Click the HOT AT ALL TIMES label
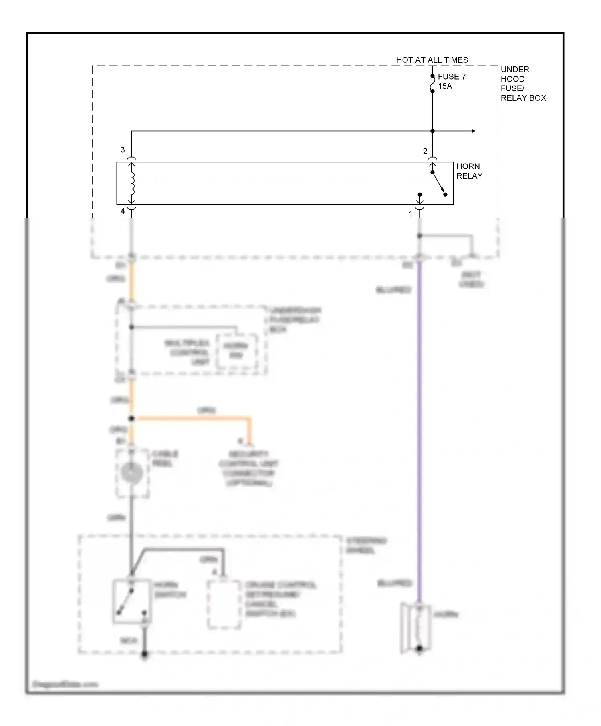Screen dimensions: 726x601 click(x=432, y=60)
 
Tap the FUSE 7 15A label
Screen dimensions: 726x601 click(x=451, y=81)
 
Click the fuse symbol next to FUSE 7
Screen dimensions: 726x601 click(x=432, y=84)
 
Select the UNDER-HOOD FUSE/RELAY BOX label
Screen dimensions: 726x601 click(x=522, y=84)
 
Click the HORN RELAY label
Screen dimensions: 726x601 click(x=469, y=171)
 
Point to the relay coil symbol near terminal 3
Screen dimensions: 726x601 click(x=132, y=183)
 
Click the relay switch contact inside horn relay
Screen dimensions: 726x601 click(x=438, y=184)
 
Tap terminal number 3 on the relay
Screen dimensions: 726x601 click(x=123, y=150)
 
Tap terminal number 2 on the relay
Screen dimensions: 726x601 click(x=425, y=151)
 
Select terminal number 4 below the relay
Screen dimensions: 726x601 click(x=123, y=211)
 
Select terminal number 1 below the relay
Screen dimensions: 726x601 click(x=410, y=214)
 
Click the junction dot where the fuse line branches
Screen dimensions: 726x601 click(x=432, y=131)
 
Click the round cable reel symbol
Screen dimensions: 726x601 click(x=131, y=473)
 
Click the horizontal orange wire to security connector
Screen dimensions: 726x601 click(x=192, y=419)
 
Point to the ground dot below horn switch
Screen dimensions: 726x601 click(x=145, y=655)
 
